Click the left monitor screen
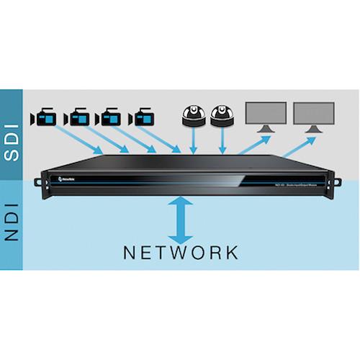[x=266, y=113]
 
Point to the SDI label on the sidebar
[x=13, y=137]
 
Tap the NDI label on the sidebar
[x=13, y=216]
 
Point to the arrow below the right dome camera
[x=224, y=142]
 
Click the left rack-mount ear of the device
[x=45, y=182]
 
